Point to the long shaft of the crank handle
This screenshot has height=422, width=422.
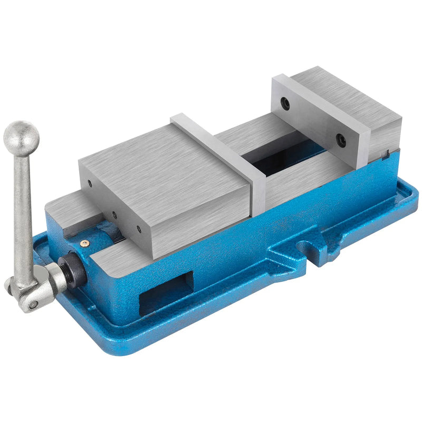coord(24,211)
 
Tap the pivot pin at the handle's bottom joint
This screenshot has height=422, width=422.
coord(33,304)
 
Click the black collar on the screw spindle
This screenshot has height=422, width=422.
coord(73,268)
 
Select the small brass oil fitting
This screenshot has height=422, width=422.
coord(84,243)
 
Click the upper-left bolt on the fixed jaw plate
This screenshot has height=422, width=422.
coord(285,104)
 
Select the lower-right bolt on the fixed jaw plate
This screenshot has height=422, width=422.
coord(340,140)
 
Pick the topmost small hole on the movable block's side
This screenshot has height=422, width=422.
coord(90,184)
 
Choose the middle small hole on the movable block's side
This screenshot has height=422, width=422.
coord(113,215)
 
